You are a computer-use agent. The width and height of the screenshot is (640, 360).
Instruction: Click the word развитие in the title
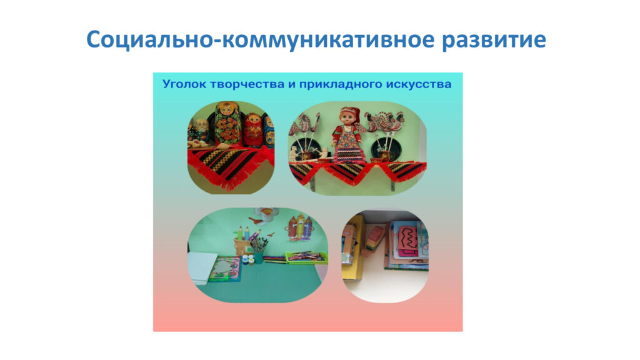[x=494, y=40]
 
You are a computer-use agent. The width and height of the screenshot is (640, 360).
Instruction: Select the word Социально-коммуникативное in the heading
[x=260, y=40]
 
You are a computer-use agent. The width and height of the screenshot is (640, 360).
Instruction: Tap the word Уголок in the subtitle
[x=184, y=84]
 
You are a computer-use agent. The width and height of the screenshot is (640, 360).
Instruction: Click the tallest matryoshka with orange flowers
[x=228, y=123]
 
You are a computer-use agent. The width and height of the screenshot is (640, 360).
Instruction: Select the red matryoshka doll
[x=254, y=130]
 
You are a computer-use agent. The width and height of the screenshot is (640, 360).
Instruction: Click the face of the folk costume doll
[x=348, y=119]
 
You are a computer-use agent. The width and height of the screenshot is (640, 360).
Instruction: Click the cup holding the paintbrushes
[x=258, y=257]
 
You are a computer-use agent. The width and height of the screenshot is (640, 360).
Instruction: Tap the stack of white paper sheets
[x=201, y=267]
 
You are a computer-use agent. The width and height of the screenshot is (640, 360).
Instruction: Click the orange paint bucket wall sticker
[x=266, y=214]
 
